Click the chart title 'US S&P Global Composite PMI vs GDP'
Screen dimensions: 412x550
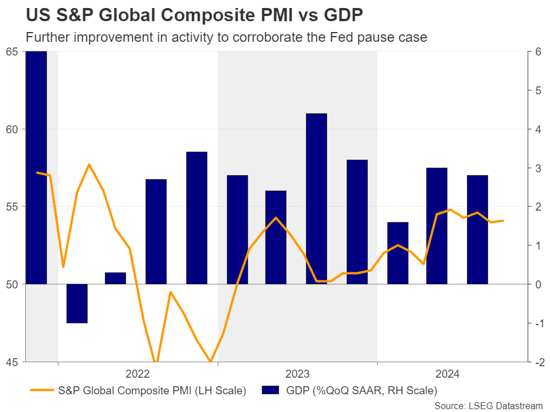tap(187, 14)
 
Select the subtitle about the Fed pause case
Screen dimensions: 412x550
tap(227, 37)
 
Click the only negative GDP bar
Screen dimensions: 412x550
tap(77, 303)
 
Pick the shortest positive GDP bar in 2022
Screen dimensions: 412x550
tap(115, 278)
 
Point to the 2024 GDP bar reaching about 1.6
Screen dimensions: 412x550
tap(397, 253)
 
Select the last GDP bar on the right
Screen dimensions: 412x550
tap(477, 229)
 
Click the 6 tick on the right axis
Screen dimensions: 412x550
tap(538, 51)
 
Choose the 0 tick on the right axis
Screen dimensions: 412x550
tap(538, 284)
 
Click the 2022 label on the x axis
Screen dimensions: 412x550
tap(137, 374)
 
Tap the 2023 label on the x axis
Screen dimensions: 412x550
tap(297, 374)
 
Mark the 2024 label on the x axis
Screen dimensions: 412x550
tap(447, 374)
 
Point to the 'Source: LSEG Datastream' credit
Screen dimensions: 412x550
tap(488, 405)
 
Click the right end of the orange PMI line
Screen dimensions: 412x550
tap(503, 220)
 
